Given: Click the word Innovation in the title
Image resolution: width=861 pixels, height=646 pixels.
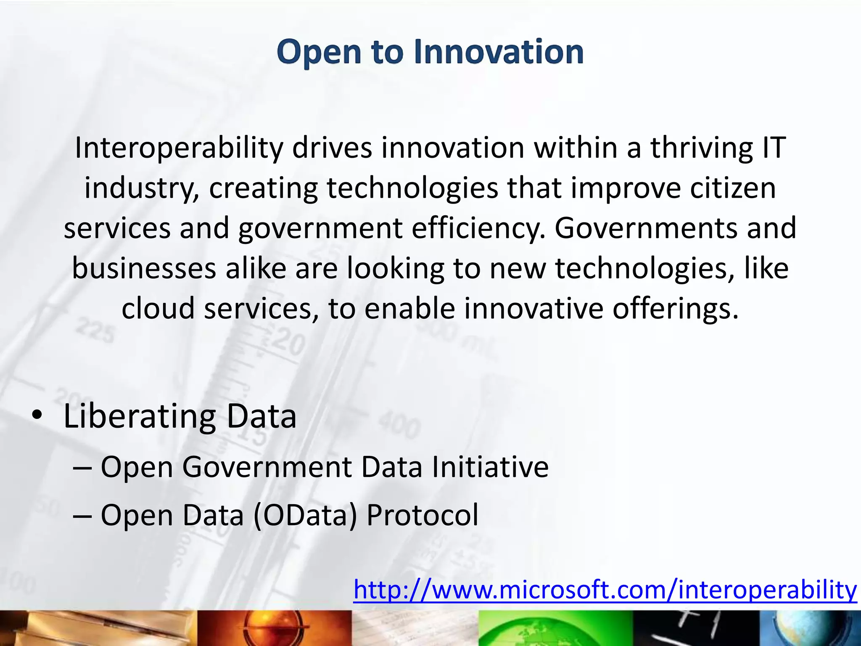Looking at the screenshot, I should click(499, 52).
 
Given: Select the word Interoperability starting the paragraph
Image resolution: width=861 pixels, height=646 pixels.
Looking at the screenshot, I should click(179, 148).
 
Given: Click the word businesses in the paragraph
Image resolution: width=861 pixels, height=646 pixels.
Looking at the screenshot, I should click(144, 268).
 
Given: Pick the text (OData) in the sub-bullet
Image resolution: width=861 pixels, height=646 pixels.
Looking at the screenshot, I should click(305, 515).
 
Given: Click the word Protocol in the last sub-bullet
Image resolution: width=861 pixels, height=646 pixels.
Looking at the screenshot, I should click(422, 515).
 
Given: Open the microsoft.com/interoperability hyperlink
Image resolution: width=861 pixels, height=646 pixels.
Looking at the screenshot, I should click(605, 590).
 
